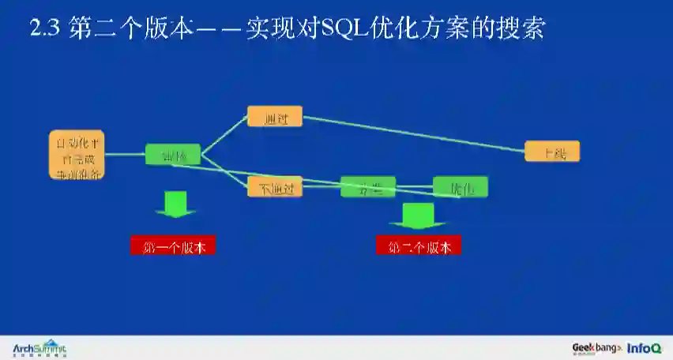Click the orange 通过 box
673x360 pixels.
(x=275, y=117)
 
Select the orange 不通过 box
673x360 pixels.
(x=275, y=187)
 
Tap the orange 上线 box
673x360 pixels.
(x=552, y=152)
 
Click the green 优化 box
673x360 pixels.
(x=461, y=187)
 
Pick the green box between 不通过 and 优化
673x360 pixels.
(x=368, y=187)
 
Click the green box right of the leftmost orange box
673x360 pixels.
(x=173, y=154)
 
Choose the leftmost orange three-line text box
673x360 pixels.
(x=77, y=155)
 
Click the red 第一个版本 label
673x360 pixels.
(x=173, y=246)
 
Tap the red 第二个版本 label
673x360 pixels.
(x=419, y=246)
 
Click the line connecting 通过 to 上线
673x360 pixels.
(x=411, y=133)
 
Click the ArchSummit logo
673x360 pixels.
(x=39, y=348)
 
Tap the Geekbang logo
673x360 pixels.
(x=597, y=348)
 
